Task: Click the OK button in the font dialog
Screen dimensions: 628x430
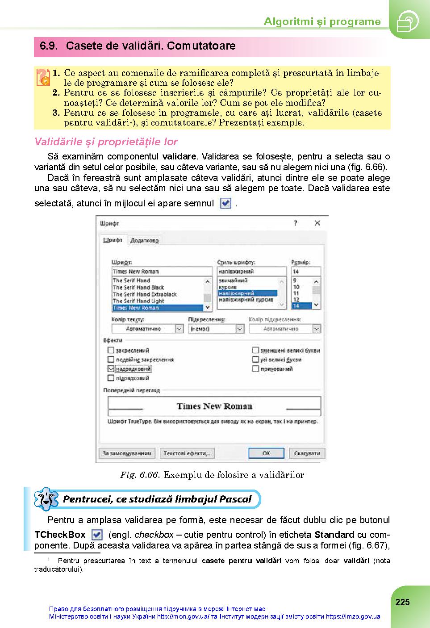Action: pos(266,453)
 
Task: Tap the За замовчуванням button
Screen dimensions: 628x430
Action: pos(127,453)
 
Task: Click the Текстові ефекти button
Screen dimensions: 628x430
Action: pos(187,453)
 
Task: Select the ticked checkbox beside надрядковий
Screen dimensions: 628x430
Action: pos(111,369)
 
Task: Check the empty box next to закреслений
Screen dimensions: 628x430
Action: pos(111,351)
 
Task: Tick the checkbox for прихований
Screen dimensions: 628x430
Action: pos(255,369)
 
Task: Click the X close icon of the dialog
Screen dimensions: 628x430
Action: pos(317,223)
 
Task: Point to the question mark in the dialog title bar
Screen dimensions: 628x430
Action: pos(296,223)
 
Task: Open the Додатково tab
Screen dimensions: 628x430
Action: pos(144,240)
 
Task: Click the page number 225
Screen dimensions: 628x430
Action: pos(402,602)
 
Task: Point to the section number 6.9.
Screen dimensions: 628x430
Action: pos(49,46)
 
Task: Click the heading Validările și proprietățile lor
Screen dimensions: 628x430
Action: pos(106,142)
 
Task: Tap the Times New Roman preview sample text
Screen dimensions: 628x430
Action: pos(214,406)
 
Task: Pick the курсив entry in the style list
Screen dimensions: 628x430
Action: pos(228,287)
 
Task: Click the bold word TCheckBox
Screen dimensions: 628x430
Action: pos(60,535)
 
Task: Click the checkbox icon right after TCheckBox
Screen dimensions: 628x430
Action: pos(96,535)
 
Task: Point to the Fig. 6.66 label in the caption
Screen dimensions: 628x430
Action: pos(140,475)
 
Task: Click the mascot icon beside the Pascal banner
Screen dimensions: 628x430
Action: pos(46,498)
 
